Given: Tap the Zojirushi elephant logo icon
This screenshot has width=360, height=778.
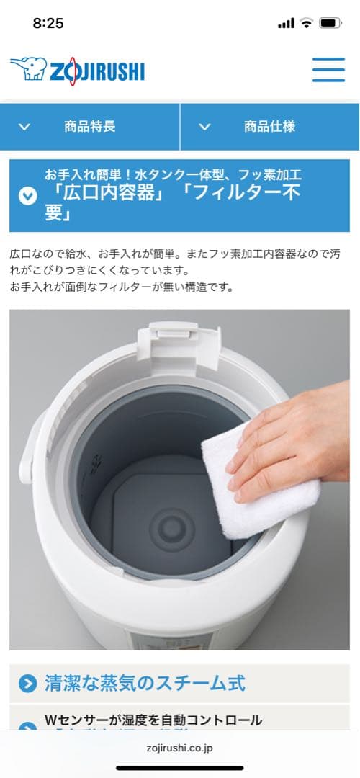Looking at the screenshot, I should [27, 70].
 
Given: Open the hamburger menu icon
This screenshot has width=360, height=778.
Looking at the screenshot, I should [328, 70].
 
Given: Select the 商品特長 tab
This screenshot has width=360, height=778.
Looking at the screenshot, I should [89, 127].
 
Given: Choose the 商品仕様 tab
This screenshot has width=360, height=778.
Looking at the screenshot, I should [269, 127].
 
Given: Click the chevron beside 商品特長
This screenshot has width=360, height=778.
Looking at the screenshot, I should [24, 127].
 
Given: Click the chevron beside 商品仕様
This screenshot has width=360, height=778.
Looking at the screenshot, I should [204, 127].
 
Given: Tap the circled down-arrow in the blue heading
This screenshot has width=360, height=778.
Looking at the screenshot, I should [27, 195].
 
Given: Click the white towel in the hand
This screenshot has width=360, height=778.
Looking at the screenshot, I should [252, 490].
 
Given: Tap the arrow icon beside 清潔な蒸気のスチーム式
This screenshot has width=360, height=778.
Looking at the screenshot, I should [27, 684].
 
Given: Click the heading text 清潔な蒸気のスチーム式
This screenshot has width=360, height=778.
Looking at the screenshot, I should [145, 683].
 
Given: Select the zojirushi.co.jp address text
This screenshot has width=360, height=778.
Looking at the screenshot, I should [179, 748].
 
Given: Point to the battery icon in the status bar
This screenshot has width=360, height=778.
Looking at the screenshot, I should [330, 23].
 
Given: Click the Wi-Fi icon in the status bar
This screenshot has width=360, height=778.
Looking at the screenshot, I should [307, 23].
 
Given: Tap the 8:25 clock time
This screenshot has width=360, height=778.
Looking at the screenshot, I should [48, 23].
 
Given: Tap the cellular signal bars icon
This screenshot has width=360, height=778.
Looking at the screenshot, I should [286, 23].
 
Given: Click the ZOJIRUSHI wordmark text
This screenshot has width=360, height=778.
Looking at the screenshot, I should [96, 71].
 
